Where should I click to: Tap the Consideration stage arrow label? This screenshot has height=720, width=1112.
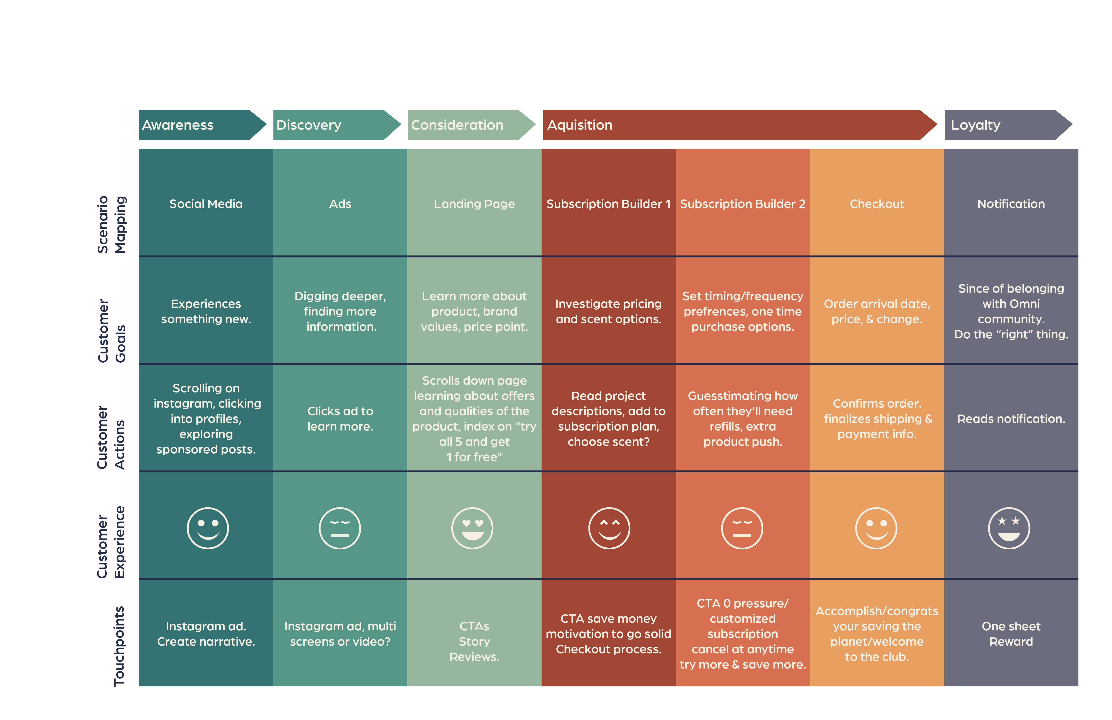coord(457,125)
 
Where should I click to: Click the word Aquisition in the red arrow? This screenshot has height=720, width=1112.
coord(579,125)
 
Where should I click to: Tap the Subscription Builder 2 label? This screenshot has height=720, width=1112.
coord(742,204)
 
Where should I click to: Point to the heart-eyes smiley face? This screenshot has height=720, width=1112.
coord(472,528)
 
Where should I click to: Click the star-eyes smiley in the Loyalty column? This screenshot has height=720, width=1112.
coord(1009,528)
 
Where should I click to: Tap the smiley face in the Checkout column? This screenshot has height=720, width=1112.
coord(876,528)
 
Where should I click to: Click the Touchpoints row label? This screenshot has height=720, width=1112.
coord(119,646)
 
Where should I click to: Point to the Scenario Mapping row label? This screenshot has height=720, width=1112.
coord(111,225)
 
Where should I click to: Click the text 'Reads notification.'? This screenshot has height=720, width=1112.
coord(1011,419)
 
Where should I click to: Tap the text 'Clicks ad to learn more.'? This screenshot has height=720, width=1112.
coord(340,419)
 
